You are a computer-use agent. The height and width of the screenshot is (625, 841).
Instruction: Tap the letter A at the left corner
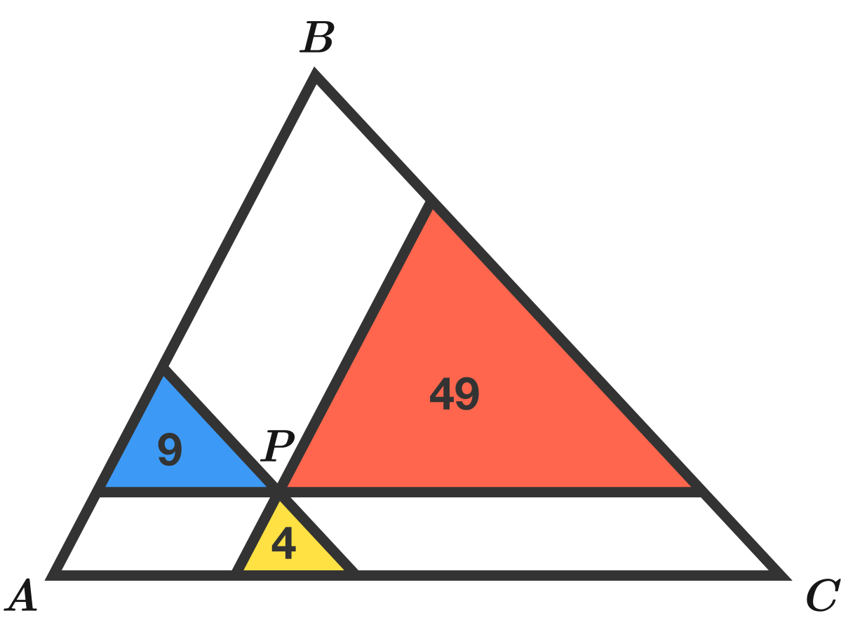pyautogui.click(x=20, y=596)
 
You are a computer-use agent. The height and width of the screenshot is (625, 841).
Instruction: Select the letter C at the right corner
pyautogui.click(x=821, y=596)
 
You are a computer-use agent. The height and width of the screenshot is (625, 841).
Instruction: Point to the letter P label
pyautogui.click(x=279, y=445)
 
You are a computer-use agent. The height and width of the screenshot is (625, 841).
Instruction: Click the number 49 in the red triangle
pyautogui.click(x=455, y=394)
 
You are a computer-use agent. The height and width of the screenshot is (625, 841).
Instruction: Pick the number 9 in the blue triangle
pyautogui.click(x=170, y=450)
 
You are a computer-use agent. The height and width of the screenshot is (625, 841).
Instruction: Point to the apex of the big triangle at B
pyautogui.click(x=315, y=74)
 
